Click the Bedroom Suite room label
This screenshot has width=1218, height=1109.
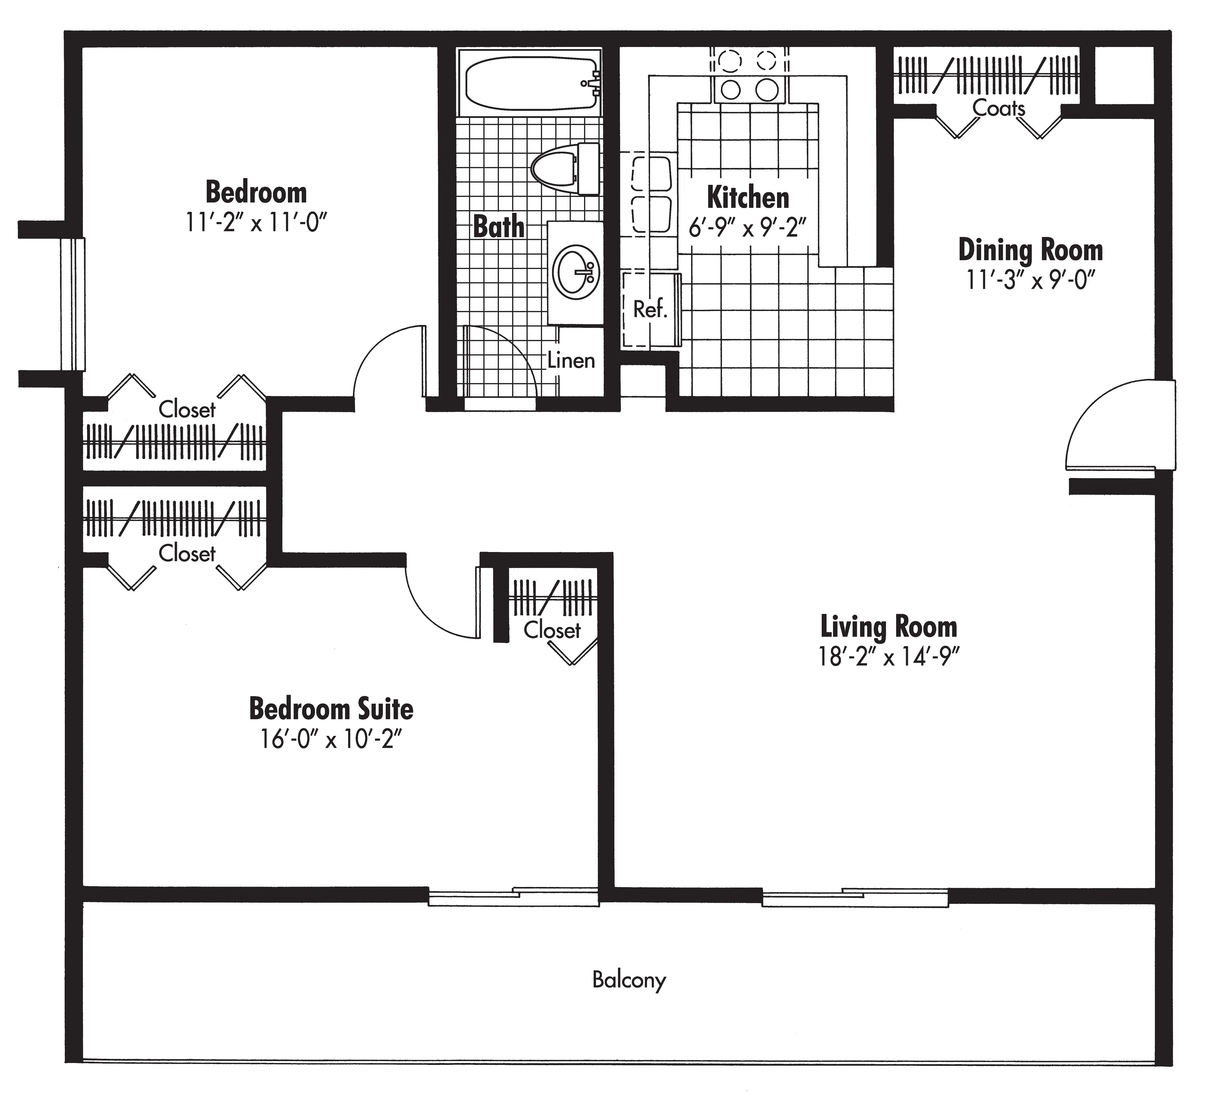(x=331, y=709)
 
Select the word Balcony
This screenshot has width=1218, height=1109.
(x=629, y=979)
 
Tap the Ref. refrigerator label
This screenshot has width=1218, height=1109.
(x=650, y=310)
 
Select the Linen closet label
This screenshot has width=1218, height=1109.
(x=571, y=361)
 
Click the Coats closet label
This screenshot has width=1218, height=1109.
(x=999, y=109)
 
